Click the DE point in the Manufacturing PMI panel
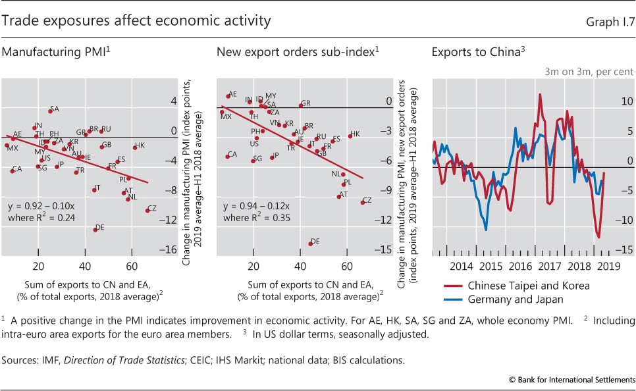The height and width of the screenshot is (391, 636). (95, 229)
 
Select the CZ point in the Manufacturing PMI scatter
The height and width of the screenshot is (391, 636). (147, 210)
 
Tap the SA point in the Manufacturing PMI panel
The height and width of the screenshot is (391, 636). (50, 111)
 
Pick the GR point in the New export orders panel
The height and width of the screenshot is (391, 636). (300, 105)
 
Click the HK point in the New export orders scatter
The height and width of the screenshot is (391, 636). (350, 136)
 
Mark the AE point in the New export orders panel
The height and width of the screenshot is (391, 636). (228, 96)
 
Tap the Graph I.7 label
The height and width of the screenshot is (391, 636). (610, 22)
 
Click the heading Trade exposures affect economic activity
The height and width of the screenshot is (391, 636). (136, 21)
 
